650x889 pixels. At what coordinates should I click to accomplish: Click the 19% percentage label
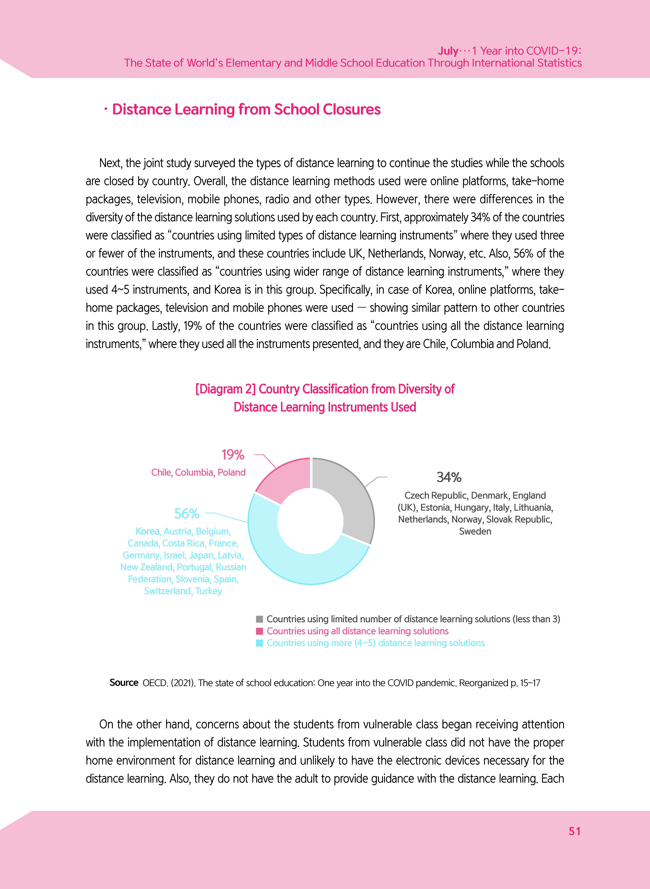233,455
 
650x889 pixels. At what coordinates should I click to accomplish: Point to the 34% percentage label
449,477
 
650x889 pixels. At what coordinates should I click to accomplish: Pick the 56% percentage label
187,514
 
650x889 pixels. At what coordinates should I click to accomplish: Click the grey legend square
259,619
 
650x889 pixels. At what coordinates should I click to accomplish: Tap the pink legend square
259,631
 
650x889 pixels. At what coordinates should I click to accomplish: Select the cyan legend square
259,643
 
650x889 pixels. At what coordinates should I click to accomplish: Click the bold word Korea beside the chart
148,532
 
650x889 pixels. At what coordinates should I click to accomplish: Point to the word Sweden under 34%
475,532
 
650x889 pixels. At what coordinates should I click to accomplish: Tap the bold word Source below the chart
124,683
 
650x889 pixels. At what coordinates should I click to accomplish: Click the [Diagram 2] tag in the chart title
226,389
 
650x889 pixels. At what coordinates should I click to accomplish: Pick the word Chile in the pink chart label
161,473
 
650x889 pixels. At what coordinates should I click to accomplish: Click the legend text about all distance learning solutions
357,631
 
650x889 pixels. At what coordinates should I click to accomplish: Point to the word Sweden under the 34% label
475,532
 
